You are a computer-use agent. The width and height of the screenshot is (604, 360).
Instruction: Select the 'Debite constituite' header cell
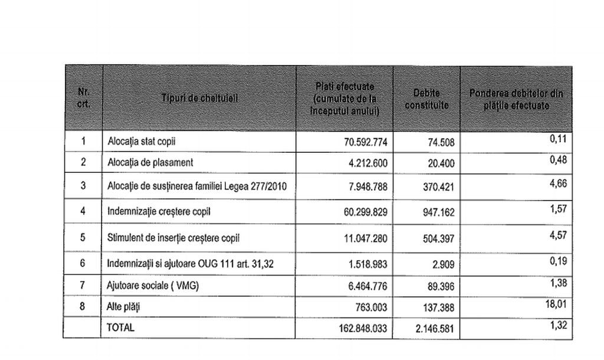(x=426, y=99)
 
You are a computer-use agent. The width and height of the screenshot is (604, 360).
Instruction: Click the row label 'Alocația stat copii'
(x=142, y=142)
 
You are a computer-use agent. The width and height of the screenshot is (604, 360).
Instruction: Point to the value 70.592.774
(x=365, y=142)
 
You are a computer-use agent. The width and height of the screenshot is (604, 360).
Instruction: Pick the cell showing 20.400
(x=441, y=163)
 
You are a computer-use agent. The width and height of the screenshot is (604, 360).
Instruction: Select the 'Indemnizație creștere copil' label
(x=159, y=211)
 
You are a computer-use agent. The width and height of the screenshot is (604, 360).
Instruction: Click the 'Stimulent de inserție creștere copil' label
(x=173, y=238)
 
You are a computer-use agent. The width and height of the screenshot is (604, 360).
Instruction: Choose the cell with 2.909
(x=443, y=265)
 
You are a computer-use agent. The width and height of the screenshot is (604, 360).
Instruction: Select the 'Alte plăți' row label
(x=124, y=307)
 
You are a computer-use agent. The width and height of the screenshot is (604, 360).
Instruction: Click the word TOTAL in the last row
(x=121, y=328)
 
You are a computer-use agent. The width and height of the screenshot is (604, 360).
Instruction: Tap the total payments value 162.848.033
(x=360, y=328)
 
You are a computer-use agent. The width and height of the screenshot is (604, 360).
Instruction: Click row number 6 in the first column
(x=83, y=263)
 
